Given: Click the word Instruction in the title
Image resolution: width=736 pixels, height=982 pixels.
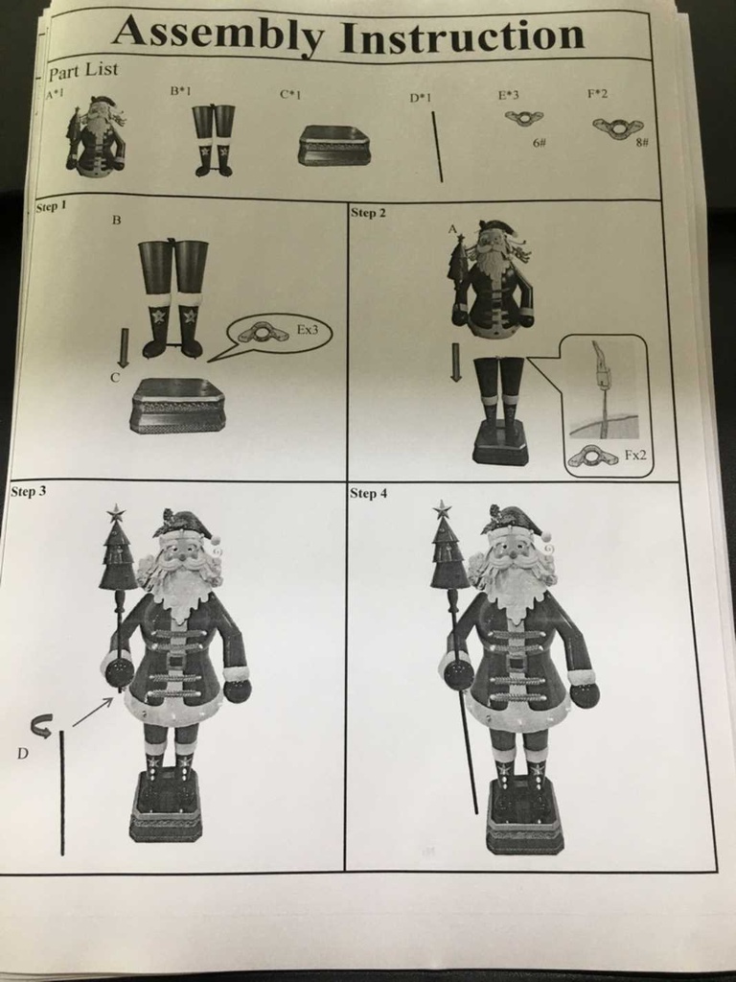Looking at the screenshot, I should click(x=462, y=36).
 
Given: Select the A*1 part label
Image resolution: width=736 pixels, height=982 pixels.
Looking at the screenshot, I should click(x=54, y=94).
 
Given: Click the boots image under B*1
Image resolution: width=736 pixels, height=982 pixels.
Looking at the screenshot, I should click(x=213, y=139).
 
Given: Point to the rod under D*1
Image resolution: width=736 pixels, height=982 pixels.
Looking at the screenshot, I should click(x=437, y=146).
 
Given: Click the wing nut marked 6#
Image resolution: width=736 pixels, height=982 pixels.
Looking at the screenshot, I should click(x=523, y=118).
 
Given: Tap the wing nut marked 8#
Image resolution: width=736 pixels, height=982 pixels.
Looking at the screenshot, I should click(x=617, y=128).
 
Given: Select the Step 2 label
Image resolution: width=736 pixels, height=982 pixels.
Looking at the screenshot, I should click(x=368, y=212).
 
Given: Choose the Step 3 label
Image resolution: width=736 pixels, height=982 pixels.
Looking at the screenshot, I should click(x=28, y=491).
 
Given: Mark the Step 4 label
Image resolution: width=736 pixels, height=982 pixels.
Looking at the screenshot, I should click(x=369, y=493).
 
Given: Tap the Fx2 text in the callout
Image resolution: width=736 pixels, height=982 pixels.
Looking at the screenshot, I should click(x=635, y=456).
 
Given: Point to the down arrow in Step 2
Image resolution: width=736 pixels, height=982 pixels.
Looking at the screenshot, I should click(x=456, y=362).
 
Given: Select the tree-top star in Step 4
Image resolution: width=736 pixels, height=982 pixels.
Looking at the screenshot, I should click(x=442, y=509).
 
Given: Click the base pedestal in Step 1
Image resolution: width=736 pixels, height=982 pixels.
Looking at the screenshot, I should click(x=178, y=406).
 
